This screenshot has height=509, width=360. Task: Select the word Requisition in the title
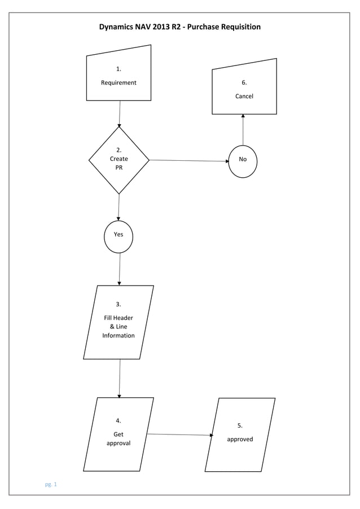(x=239, y=27)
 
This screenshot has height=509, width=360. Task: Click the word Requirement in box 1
(x=118, y=82)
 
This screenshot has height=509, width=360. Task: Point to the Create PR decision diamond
(x=119, y=160)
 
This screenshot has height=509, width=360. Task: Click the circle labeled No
(x=243, y=160)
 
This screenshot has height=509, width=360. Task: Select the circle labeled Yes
(x=118, y=234)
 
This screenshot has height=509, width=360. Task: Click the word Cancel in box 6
(x=244, y=96)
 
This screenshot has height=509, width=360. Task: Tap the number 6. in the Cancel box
(x=244, y=82)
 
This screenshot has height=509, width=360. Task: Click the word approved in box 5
(x=240, y=439)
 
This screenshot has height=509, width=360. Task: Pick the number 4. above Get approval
(x=118, y=420)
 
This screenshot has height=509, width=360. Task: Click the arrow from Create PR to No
(x=189, y=160)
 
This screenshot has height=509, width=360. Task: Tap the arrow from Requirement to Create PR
(x=120, y=113)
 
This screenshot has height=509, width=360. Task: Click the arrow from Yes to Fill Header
(x=120, y=269)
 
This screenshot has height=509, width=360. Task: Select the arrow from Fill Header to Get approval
(x=120, y=378)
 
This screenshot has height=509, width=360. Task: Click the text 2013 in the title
(x=161, y=27)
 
